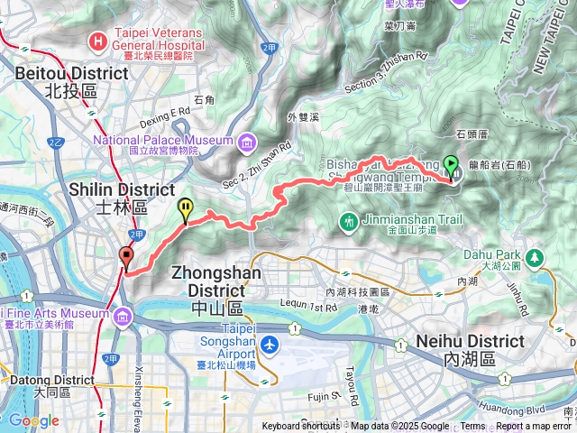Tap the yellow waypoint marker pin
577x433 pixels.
(185, 209)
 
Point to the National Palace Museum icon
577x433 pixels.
(246, 141)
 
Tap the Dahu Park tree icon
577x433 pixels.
(536, 258)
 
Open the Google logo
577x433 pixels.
(33, 420)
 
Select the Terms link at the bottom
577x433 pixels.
(472, 427)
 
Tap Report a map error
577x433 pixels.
(534, 427)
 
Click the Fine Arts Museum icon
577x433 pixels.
(123, 314)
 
